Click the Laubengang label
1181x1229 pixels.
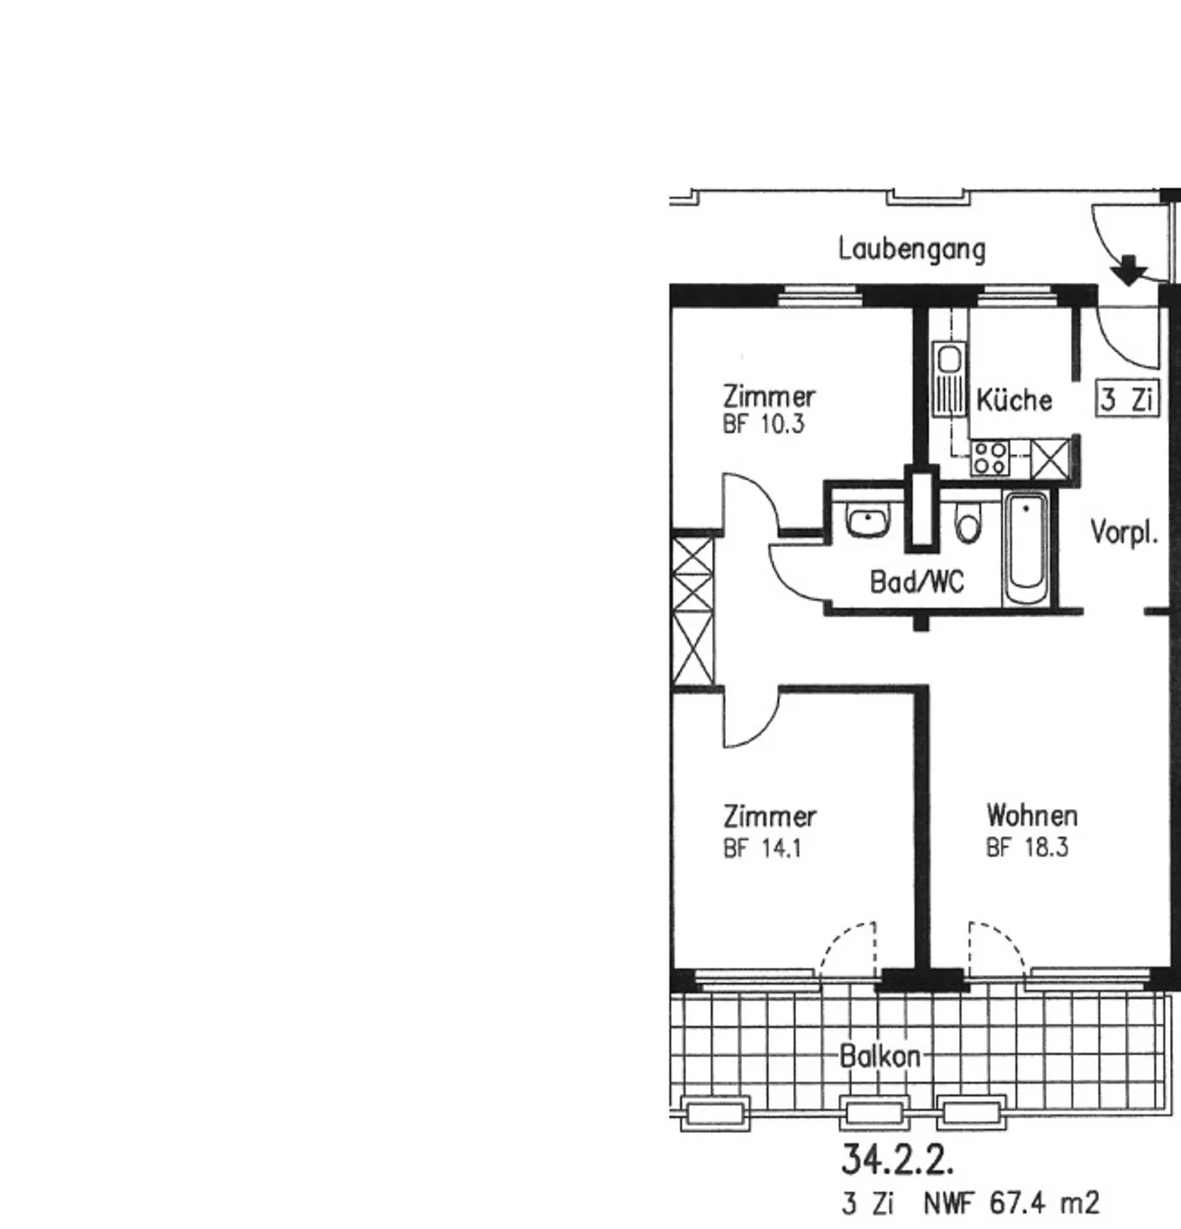(x=911, y=248)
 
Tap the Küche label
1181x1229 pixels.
(x=1014, y=400)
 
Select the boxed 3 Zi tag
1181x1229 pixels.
(x=1128, y=399)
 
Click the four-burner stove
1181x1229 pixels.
(x=989, y=457)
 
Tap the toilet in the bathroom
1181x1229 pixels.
(x=968, y=525)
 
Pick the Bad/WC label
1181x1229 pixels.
(x=916, y=582)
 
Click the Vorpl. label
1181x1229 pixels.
(x=1124, y=533)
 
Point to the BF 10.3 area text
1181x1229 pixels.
(x=763, y=424)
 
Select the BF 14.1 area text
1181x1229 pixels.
(x=761, y=848)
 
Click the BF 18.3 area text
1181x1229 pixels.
(x=1027, y=847)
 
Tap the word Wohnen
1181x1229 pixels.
(x=1031, y=816)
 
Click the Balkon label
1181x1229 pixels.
(x=879, y=1056)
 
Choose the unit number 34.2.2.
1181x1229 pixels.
(x=897, y=1159)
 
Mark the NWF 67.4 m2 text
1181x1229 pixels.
(x=1010, y=1204)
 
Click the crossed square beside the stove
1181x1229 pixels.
(x=1051, y=457)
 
